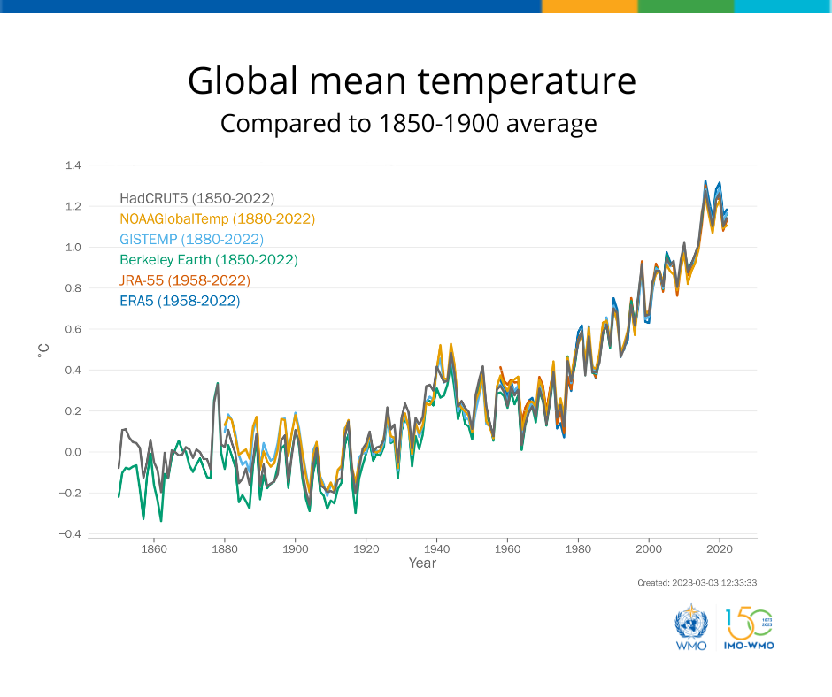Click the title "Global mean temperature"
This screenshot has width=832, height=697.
pos(412,81)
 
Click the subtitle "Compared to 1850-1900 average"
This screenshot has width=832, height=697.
pos(408,123)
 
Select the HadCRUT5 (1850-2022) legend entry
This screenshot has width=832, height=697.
pos(196,198)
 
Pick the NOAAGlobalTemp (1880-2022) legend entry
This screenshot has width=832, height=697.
pos(217,218)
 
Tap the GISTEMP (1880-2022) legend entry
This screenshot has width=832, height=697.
pos(191,239)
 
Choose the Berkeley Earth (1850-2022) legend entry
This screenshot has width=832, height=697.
pos(208,260)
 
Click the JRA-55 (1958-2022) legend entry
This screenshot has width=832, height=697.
pos(184,280)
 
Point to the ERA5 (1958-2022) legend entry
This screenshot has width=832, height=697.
pos(180,301)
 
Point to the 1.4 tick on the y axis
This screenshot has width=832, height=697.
pos(73,165)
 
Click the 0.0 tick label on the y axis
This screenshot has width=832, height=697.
pos(73,452)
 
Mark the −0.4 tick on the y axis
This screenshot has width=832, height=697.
pos(71,534)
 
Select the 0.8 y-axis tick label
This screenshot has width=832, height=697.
pos(73,288)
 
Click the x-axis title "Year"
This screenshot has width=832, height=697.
pos(422,563)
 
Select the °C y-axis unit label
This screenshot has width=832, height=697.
pos(42,349)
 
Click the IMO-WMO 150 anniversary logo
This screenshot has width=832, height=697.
pos(749,628)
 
